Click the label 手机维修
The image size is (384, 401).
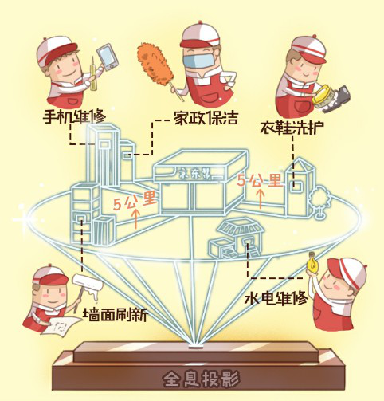point(74,116)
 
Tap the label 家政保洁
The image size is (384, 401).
point(206,118)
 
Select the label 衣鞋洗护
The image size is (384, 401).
point(292,128)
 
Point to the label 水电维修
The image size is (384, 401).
point(276,299)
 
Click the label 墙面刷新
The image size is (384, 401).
point(116,314)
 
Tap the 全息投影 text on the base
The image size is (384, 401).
point(201,378)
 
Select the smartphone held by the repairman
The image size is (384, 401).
point(108,57)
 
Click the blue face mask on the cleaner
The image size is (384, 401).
point(198,61)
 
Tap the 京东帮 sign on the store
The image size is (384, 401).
point(196,174)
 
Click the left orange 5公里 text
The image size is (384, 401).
point(135,203)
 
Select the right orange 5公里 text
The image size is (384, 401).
point(260,181)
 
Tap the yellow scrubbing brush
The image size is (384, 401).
point(321,96)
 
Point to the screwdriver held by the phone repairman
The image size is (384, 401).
point(93,74)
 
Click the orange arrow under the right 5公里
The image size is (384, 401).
point(261,199)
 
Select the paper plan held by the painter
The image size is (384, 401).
point(62,325)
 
